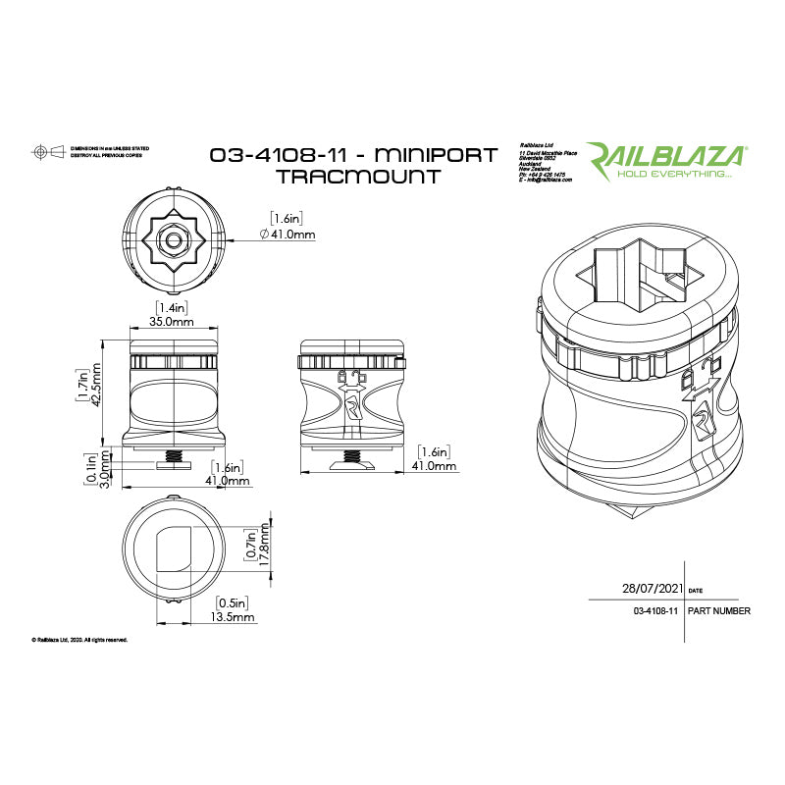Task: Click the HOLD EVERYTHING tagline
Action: pyautogui.click(x=673, y=174)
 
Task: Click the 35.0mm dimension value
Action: pyautogui.click(x=170, y=321)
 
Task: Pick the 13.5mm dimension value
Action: pyautogui.click(x=234, y=617)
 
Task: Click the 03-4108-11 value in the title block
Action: pyautogui.click(x=656, y=610)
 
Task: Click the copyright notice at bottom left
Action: pyautogui.click(x=79, y=640)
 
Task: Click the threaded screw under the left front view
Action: pyautogui.click(x=173, y=457)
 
